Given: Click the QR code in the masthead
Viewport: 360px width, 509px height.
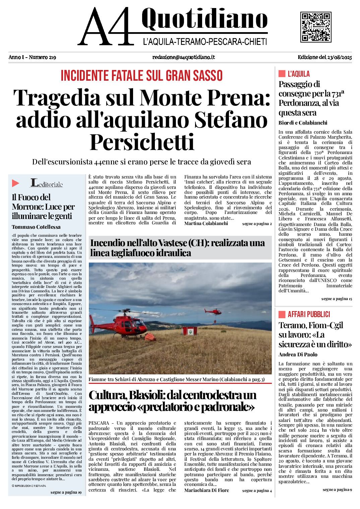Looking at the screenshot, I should pyautogui.click(x=316, y=27).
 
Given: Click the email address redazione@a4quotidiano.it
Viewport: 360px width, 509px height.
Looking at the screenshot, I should pyautogui.click(x=183, y=57).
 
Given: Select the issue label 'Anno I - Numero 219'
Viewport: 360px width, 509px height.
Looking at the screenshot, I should pyautogui.click(x=32, y=57).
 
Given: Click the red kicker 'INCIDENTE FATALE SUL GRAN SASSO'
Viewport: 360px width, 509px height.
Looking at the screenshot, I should pyautogui.click(x=141, y=76).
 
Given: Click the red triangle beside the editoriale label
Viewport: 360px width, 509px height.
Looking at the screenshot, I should pyautogui.click(x=16, y=183).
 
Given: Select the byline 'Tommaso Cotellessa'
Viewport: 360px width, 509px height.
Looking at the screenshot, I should pyautogui.click(x=36, y=227).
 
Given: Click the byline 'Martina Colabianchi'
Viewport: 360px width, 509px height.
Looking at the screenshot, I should pyautogui.click(x=206, y=223).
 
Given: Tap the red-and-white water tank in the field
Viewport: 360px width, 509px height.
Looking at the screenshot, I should pyautogui.click(x=189, y=331).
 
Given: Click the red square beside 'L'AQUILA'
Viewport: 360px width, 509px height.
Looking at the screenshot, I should pyautogui.click(x=282, y=74).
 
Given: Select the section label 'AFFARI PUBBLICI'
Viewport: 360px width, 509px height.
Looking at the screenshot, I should pyautogui.click(x=309, y=314).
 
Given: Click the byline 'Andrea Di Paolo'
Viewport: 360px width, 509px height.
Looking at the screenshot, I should pyautogui.click(x=298, y=354).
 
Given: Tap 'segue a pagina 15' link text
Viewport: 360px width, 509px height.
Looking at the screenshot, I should pyautogui.click(x=337, y=299).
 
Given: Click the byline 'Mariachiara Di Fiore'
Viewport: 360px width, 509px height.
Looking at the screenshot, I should pyautogui.click(x=206, y=490).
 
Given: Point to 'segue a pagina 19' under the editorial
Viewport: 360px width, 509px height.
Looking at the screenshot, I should pyautogui.click(x=66, y=492).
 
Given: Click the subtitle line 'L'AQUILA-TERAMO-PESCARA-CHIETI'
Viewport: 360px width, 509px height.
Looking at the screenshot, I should pyautogui.click(x=205, y=42).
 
